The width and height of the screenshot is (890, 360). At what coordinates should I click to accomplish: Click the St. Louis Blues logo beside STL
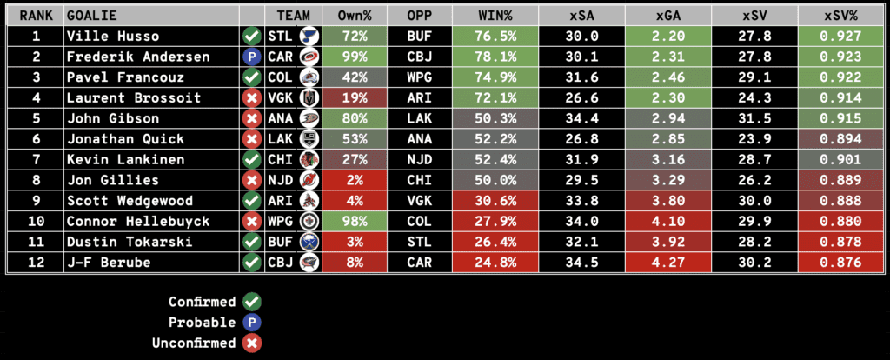click(305, 37)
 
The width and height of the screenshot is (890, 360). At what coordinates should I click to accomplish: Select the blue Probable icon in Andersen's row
click(251, 57)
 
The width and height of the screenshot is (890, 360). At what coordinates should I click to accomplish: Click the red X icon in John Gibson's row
click(251, 117)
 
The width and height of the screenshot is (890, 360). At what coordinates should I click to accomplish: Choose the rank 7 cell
click(36, 158)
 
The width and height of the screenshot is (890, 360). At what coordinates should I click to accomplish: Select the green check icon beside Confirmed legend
click(252, 302)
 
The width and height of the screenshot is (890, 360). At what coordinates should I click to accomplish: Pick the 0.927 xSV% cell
click(840, 37)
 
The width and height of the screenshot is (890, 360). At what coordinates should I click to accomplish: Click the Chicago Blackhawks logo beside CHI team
click(305, 159)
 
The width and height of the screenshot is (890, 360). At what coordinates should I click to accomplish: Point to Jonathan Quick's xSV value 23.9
click(754, 138)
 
